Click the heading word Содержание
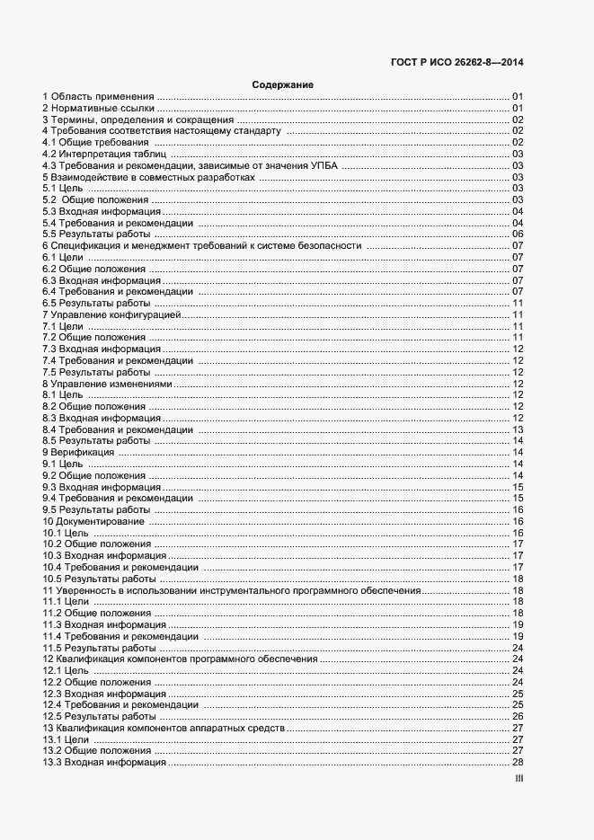click(282, 84)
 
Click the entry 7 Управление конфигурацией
click(112, 314)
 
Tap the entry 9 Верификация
click(77, 452)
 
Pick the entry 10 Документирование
click(93, 521)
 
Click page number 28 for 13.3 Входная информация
click(518, 762)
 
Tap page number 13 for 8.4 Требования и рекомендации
click(518, 429)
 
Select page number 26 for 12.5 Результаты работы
click(518, 716)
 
